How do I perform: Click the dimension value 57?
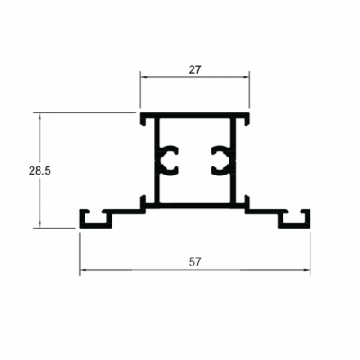(194, 262)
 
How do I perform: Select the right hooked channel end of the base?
(298, 219)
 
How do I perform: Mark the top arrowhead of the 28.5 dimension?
(40, 116)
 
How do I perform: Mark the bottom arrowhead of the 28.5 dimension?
(40, 225)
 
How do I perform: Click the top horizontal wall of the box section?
(194, 116)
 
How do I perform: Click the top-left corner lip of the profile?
(142, 118)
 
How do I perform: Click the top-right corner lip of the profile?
(247, 118)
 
